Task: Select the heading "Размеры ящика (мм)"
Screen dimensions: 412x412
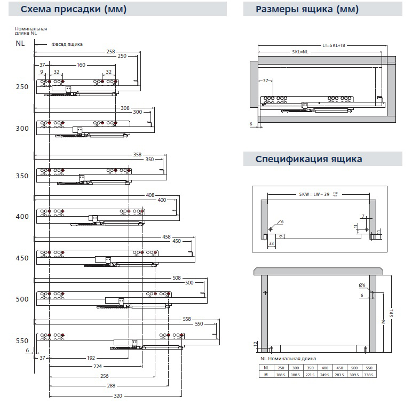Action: coord(307,10)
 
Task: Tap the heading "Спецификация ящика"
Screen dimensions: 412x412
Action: coord(308,159)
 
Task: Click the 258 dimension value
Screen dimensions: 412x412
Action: coord(110,51)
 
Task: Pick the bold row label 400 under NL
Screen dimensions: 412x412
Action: coord(22,217)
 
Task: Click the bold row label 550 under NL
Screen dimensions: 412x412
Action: coord(22,340)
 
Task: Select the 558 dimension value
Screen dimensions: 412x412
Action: coord(187,319)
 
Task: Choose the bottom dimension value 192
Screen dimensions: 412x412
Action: coord(91,358)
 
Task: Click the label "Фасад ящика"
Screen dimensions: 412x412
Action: coord(67,44)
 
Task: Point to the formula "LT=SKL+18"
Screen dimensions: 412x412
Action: coord(334,46)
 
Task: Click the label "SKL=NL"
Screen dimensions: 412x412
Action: coord(300,52)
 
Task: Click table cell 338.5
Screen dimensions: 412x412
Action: coord(367,375)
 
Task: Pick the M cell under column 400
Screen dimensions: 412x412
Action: coord(325,375)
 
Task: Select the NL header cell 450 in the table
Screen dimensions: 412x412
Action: coord(339,368)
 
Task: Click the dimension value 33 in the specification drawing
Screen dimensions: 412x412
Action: coord(272,243)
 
